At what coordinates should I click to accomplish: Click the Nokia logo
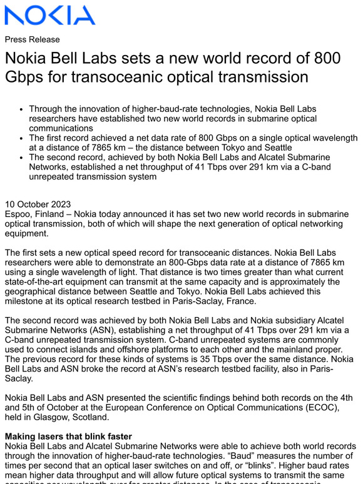pyautogui.click(x=50, y=15)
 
